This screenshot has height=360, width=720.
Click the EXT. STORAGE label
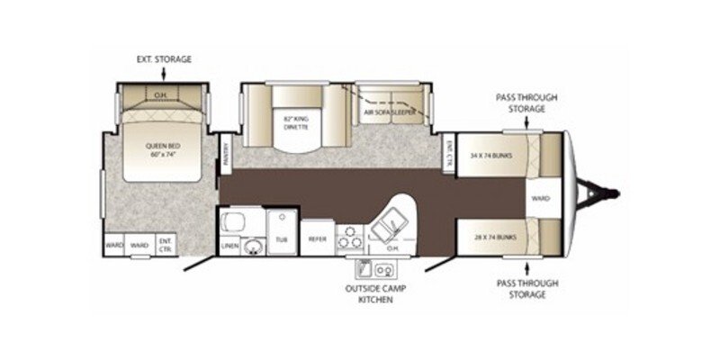(x=163, y=59)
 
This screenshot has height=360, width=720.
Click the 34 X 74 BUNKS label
(x=490, y=154)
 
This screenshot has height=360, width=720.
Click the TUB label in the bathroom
(x=281, y=240)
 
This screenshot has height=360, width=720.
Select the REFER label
(x=318, y=239)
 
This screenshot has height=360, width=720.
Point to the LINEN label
(x=229, y=243)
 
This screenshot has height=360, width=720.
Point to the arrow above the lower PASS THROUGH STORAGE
(x=530, y=266)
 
